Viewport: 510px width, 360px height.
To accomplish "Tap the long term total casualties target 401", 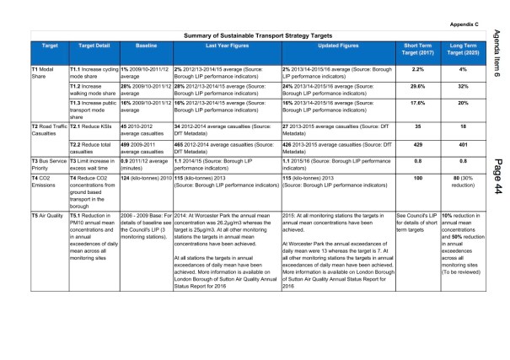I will pyautogui.click(x=462, y=146).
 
